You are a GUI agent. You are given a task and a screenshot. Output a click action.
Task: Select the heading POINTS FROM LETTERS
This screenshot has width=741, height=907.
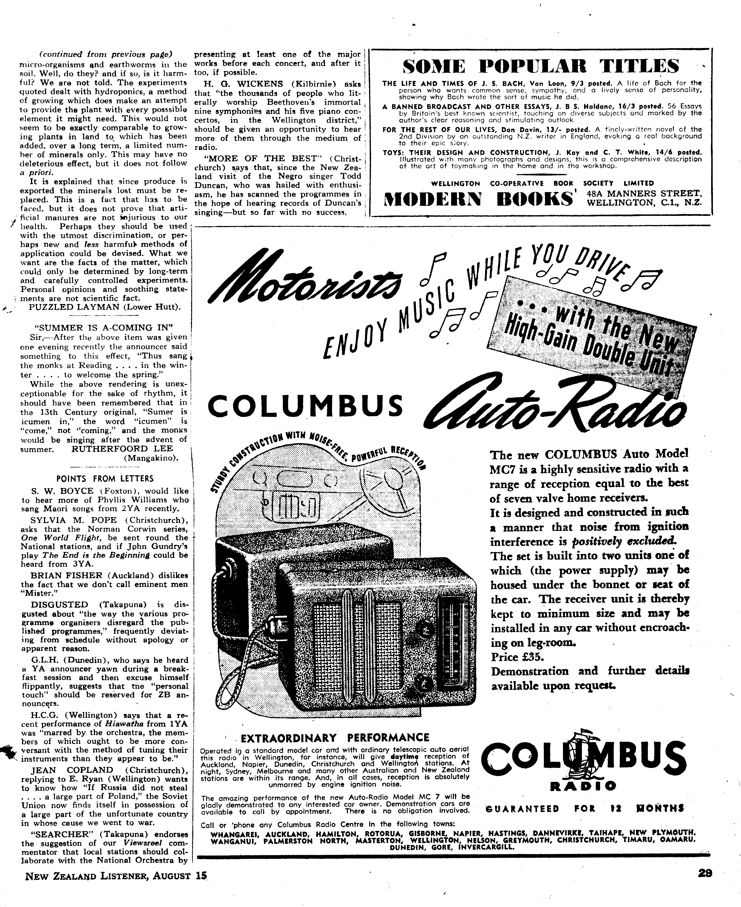(x=105, y=478)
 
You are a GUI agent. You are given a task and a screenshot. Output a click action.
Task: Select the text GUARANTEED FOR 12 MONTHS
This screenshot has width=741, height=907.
(x=585, y=809)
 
